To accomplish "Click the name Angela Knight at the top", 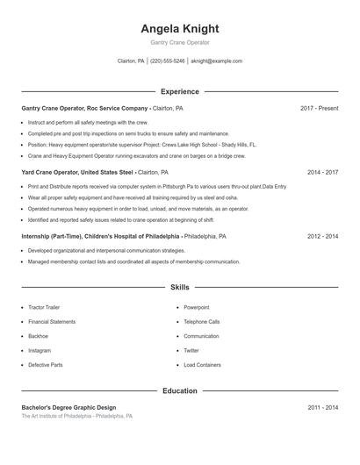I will (180, 29).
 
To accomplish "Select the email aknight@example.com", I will (216, 61).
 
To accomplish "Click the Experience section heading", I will (180, 91).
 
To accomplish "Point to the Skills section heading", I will (180, 287).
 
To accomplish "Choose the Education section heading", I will (180, 390).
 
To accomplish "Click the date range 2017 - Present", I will (319, 108).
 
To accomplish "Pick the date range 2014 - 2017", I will (322, 173).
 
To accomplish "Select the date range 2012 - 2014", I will (322, 236).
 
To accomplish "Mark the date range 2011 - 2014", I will (322, 408).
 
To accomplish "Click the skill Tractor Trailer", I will (44, 308).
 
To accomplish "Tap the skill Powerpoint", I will (196, 308).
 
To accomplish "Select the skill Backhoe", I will (38, 336).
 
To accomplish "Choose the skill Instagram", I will (40, 350).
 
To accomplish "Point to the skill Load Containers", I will (202, 364).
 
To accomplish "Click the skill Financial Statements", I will (52, 322).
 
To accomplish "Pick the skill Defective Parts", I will (46, 364).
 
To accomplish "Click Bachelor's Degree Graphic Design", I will (68, 408).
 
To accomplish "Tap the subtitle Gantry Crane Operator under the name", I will (180, 42).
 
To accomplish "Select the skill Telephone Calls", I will (202, 322).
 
